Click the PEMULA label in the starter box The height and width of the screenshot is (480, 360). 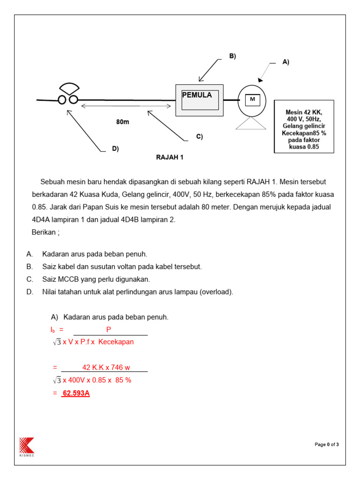pyautogui.click(x=197, y=95)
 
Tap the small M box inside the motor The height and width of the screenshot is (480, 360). pyautogui.click(x=252, y=99)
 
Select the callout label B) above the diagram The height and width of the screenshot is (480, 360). pyautogui.click(x=232, y=56)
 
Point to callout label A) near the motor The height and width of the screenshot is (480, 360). pyautogui.click(x=286, y=62)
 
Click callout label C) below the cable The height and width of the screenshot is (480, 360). pyautogui.click(x=199, y=136)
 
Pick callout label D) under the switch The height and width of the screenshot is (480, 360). pyautogui.click(x=115, y=149)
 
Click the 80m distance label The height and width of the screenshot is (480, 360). pyautogui.click(x=122, y=122)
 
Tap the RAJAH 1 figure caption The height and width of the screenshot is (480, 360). pyautogui.click(x=170, y=157)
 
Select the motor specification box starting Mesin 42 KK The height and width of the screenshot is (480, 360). pyautogui.click(x=304, y=126)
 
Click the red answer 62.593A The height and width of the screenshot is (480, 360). pyautogui.click(x=76, y=393)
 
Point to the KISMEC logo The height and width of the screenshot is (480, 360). pyautogui.click(x=26, y=446)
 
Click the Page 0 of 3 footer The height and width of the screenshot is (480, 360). pyautogui.click(x=326, y=444)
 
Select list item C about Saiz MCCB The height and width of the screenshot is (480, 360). pyautogui.click(x=96, y=279)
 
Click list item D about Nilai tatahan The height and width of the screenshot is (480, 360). pyautogui.click(x=137, y=292)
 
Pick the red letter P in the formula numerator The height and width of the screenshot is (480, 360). pyautogui.click(x=109, y=330)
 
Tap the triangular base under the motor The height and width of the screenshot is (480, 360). pyautogui.click(x=252, y=123)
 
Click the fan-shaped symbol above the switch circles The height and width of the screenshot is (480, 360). pyautogui.click(x=69, y=89)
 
